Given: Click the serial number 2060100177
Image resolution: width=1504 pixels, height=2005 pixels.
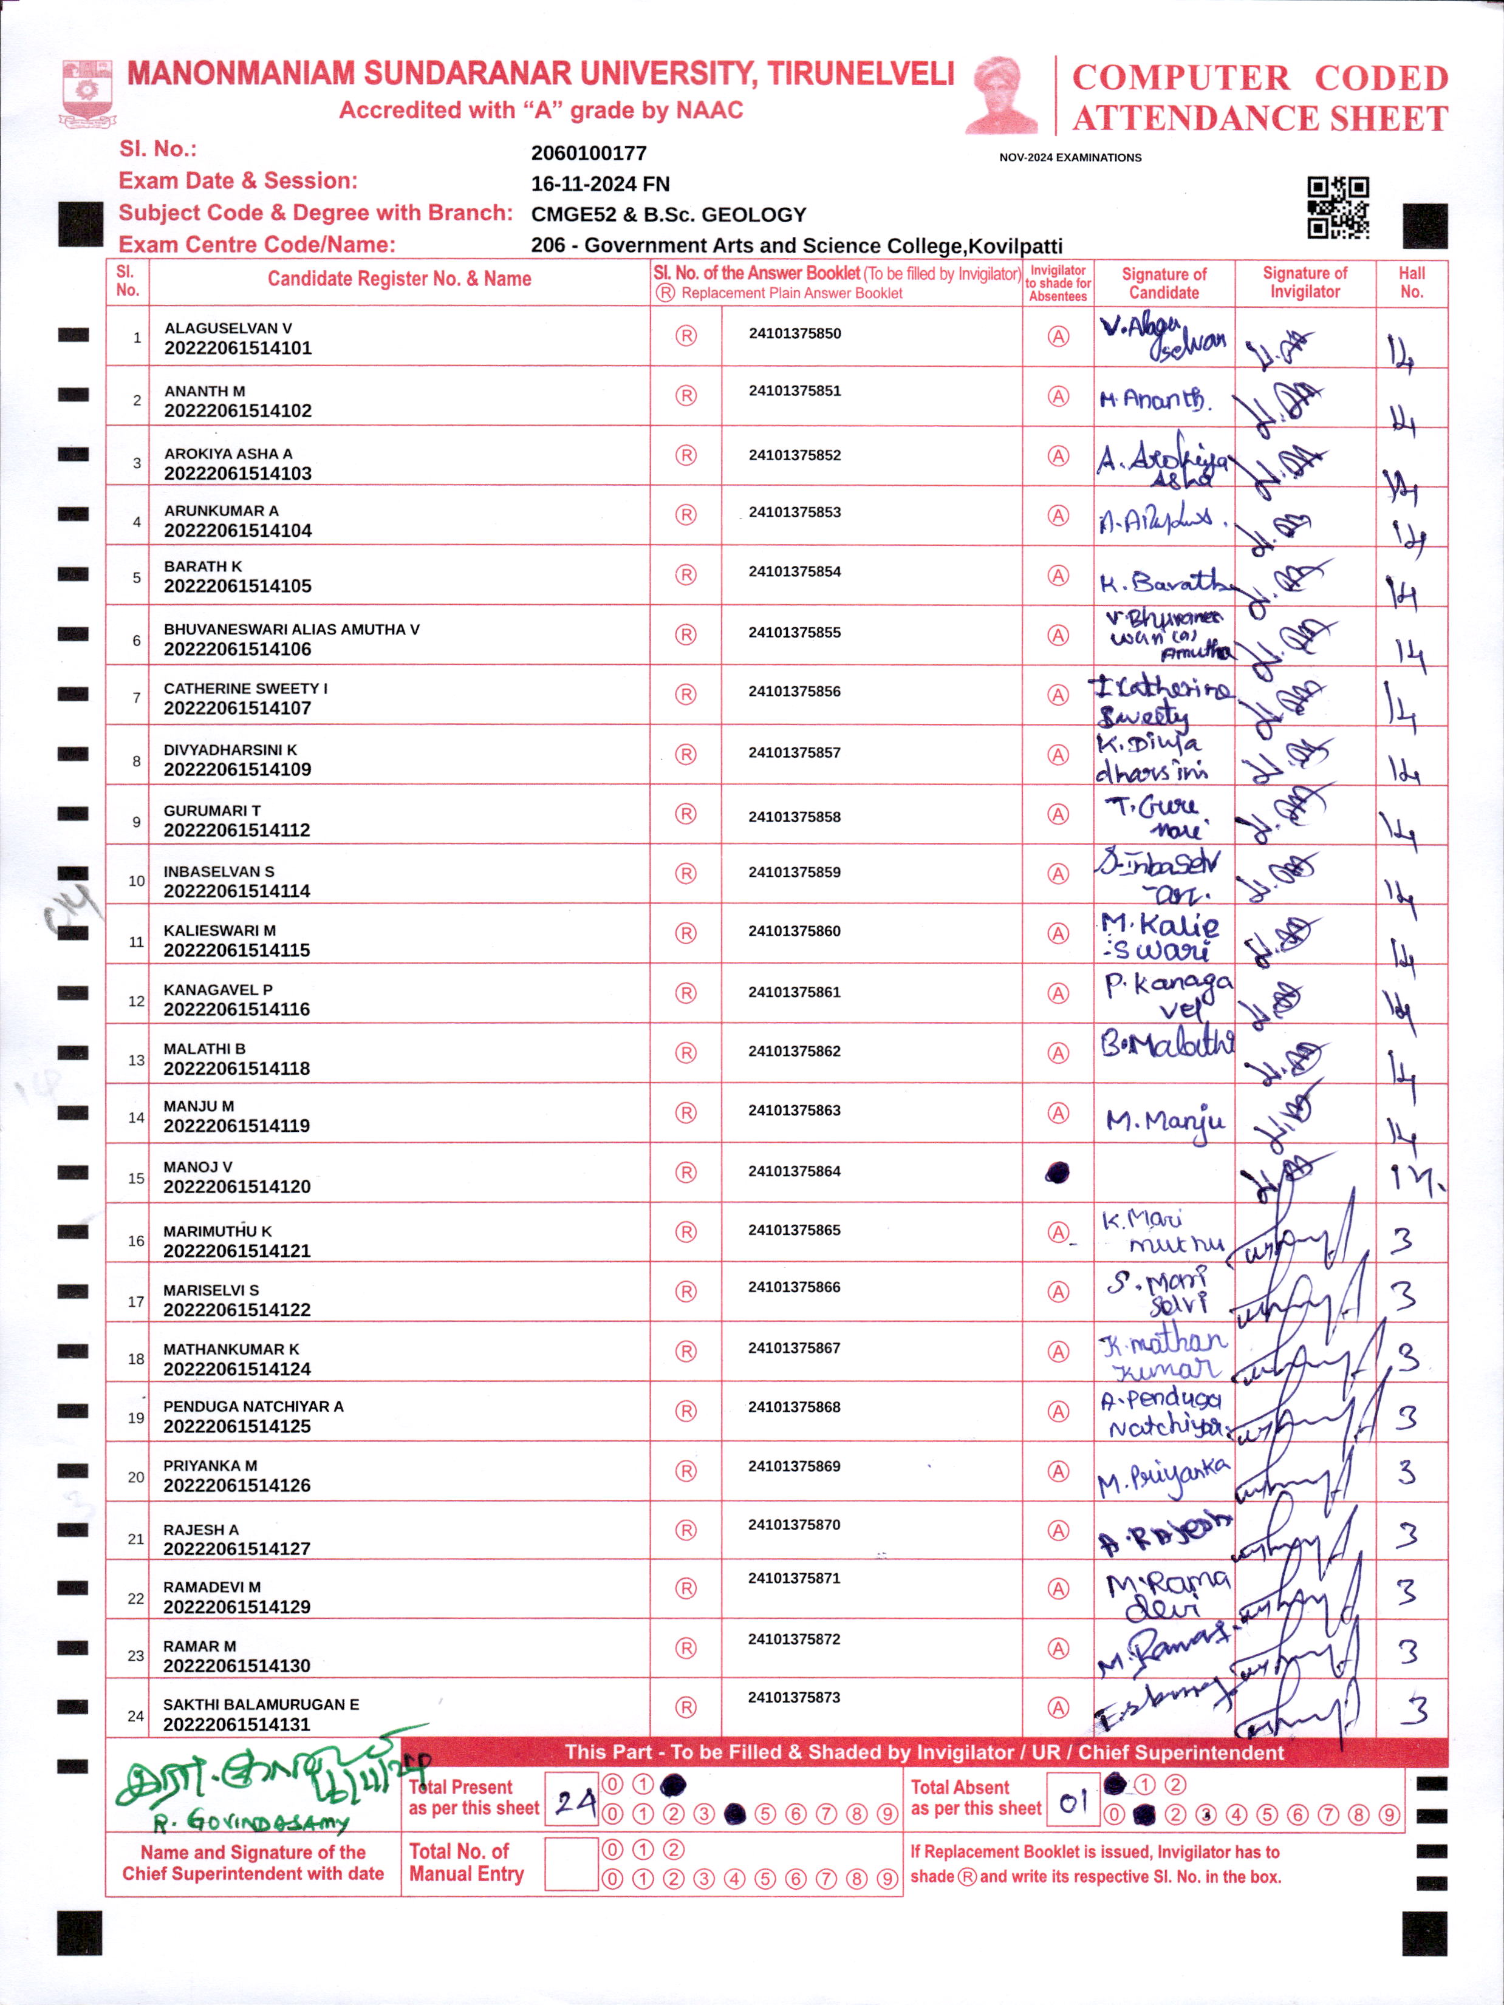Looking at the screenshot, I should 589,153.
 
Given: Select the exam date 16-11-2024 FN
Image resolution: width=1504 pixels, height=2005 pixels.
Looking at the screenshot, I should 600,184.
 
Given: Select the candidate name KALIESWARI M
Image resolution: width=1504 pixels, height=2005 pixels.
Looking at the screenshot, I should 219,930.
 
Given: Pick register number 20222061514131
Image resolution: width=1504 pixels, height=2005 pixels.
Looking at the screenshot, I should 237,1724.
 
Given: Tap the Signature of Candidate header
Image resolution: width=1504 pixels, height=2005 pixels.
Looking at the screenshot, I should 1164,283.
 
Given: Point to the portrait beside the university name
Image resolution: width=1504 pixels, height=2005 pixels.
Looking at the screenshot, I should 1003,95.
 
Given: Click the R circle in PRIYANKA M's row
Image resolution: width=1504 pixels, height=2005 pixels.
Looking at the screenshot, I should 686,1471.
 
